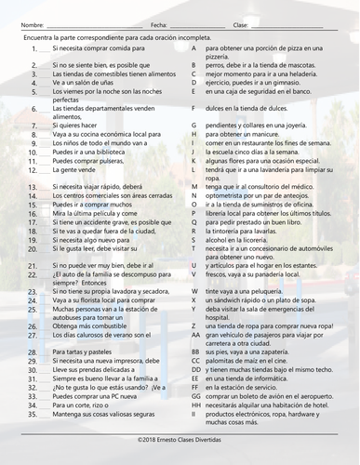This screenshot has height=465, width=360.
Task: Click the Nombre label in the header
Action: pyautogui.click(x=32, y=24)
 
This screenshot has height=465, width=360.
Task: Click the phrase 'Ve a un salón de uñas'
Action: pyautogui.click(x=86, y=81)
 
